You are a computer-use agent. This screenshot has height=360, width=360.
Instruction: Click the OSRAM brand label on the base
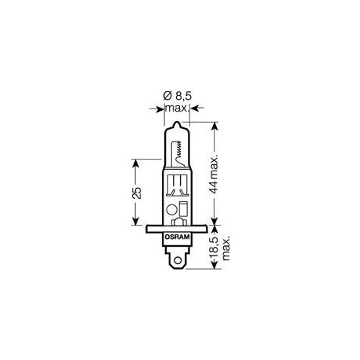pos(178,235)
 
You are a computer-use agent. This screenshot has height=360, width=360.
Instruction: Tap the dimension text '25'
pos(137,193)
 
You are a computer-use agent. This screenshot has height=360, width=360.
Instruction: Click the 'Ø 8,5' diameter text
pos(178,97)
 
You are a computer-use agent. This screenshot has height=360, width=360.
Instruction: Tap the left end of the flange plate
pos(151,230)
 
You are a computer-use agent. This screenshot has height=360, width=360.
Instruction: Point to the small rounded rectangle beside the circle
pos(183,209)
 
